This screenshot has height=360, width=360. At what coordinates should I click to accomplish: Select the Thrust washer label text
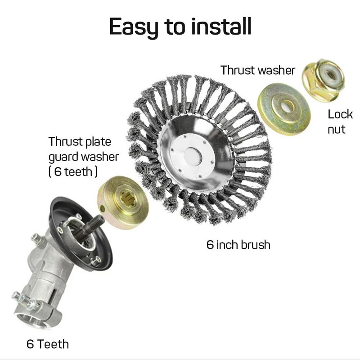point(257,70)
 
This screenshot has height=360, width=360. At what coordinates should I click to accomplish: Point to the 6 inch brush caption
point(238,245)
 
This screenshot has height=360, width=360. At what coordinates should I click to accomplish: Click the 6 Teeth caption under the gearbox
point(48,344)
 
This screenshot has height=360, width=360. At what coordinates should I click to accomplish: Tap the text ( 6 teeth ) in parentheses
point(72,171)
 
